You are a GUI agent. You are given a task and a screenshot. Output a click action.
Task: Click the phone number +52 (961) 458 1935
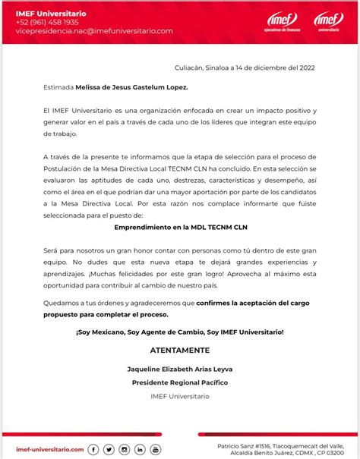(x=46, y=22)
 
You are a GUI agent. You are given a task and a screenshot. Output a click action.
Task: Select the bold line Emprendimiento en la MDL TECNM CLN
(x=181, y=227)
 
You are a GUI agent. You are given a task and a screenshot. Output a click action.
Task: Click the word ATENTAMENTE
(x=180, y=350)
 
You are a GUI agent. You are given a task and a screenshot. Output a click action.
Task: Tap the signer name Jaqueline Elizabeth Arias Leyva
(x=181, y=368)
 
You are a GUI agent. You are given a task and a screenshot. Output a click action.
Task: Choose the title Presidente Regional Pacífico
(x=181, y=382)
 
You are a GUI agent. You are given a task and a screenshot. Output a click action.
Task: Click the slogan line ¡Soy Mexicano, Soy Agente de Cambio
(x=181, y=332)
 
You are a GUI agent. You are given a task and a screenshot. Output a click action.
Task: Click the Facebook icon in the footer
(x=94, y=449)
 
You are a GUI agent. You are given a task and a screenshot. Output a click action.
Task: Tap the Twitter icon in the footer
(x=109, y=449)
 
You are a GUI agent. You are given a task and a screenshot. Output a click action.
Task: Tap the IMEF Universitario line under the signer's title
(x=181, y=397)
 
